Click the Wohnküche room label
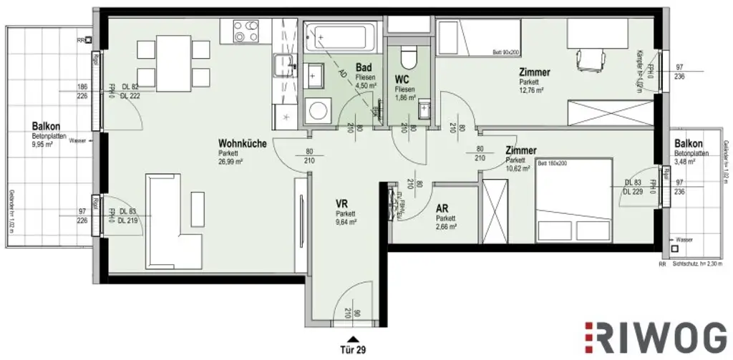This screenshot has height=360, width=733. pos(243,144)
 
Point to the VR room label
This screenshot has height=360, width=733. pos(342,203)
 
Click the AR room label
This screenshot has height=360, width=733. pos(442,208)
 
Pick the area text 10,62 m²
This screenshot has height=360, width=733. pos(520,170)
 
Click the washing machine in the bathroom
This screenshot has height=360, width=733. pos(315,110)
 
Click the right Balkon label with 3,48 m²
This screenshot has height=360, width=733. pos(689,144)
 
